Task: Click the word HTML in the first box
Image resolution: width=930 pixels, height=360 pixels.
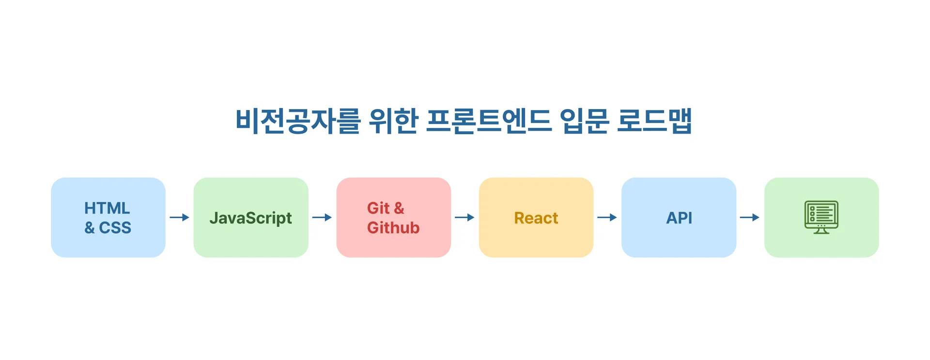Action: pyautogui.click(x=107, y=208)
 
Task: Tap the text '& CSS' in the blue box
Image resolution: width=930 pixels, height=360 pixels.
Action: pyautogui.click(x=108, y=228)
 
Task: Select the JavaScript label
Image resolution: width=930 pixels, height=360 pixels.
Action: pyautogui.click(x=250, y=218)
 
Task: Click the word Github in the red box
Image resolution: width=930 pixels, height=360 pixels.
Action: pyautogui.click(x=393, y=228)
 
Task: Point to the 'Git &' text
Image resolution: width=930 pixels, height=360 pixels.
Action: pyautogui.click(x=385, y=208)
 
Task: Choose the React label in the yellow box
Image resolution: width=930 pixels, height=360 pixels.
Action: pyautogui.click(x=536, y=218)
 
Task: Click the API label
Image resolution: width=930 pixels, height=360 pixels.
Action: pyautogui.click(x=679, y=218)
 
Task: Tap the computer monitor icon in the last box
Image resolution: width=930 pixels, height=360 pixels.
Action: pyautogui.click(x=821, y=215)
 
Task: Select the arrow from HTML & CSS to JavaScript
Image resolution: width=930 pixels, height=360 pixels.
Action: pyautogui.click(x=179, y=218)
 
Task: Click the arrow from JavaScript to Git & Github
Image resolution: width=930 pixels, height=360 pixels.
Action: pyautogui.click(x=322, y=218)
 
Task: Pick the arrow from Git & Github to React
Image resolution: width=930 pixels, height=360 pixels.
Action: pyautogui.click(x=465, y=218)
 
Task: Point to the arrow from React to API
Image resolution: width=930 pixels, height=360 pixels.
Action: pyautogui.click(x=607, y=218)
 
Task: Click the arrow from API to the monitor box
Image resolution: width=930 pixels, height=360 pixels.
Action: pyautogui.click(x=749, y=218)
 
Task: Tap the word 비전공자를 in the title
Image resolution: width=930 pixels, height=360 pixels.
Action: pyautogui.click(x=297, y=121)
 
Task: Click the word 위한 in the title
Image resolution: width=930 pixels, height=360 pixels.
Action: pyautogui.click(x=393, y=121)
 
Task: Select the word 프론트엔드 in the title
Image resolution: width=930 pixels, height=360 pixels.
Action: pyautogui.click(x=489, y=121)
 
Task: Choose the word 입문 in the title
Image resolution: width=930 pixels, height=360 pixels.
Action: pyautogui.click(x=584, y=121)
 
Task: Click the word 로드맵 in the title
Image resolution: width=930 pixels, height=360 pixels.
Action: pyautogui.click(x=654, y=121)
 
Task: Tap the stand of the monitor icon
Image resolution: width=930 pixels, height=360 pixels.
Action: pyautogui.click(x=821, y=231)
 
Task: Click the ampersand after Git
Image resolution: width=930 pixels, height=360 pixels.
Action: pyautogui.click(x=399, y=208)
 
